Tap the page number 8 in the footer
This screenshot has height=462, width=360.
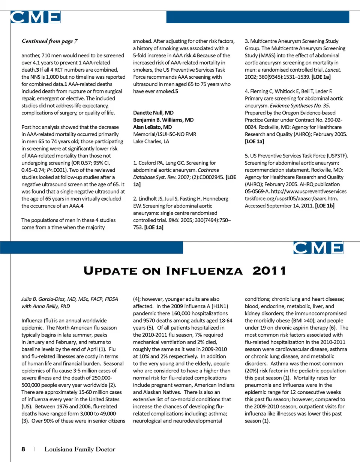click(23, 449)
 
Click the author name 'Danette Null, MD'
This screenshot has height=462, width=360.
click(153, 112)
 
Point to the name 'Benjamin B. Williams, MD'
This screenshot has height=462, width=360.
click(163, 120)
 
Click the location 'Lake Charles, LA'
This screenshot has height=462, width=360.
click(151, 141)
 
